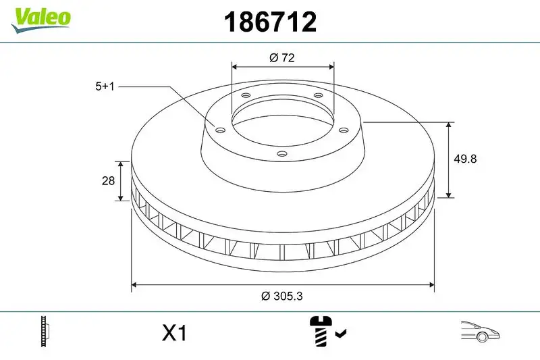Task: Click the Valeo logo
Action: pyautogui.click(x=40, y=17)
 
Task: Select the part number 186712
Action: pyautogui.click(x=270, y=22)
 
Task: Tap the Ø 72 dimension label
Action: pyautogui.click(x=282, y=58)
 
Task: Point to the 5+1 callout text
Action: pyautogui.click(x=105, y=86)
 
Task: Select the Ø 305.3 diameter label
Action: pyautogui.click(x=282, y=295)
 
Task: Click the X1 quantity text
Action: pyautogui.click(x=174, y=333)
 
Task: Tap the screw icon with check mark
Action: pyautogui.click(x=327, y=332)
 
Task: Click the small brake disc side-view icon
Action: pyautogui.click(x=46, y=332)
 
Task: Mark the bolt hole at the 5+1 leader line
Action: pyautogui.click(x=220, y=130)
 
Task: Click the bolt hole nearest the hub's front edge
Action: pyautogui.click(x=282, y=155)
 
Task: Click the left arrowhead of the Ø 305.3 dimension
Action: pyautogui.click(x=134, y=285)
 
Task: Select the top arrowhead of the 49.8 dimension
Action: pyautogui.click(x=449, y=126)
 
